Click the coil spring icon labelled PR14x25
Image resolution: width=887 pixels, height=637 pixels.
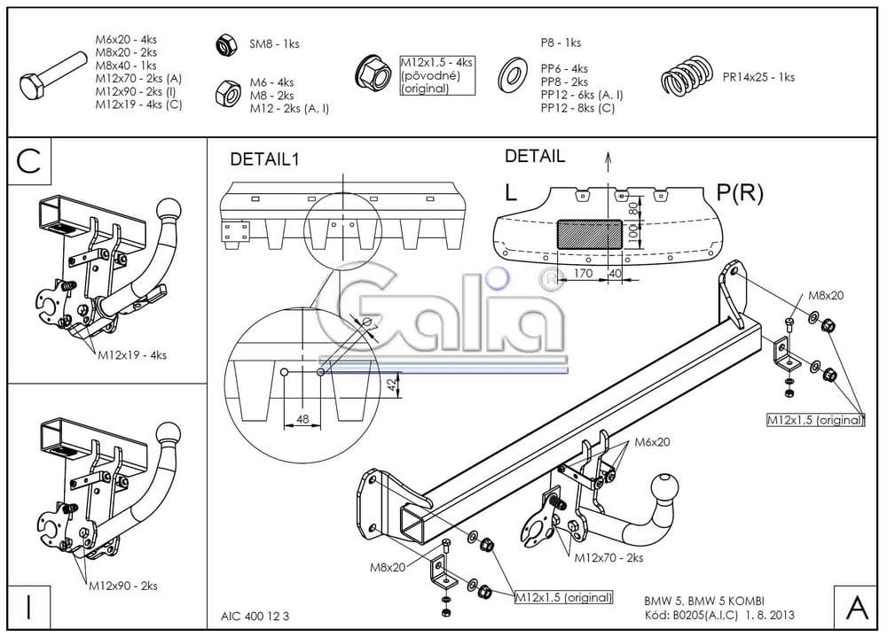pyautogui.click(x=687, y=77)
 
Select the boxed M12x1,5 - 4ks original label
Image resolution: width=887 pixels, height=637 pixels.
pyautogui.click(x=437, y=75)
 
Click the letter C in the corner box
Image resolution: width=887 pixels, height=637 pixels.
pyautogui.click(x=29, y=161)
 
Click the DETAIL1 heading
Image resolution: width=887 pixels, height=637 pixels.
pyautogui.click(x=265, y=159)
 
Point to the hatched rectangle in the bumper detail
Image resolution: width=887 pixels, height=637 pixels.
pyautogui.click(x=589, y=236)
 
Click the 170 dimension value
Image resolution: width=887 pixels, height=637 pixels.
pyautogui.click(x=582, y=275)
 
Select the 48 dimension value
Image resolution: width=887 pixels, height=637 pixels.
pyautogui.click(x=302, y=419)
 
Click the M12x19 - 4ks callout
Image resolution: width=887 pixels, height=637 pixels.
pyautogui.click(x=133, y=355)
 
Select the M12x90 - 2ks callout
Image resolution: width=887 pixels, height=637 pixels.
pyautogui.click(x=123, y=586)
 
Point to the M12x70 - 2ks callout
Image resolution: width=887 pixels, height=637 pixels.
pyautogui.click(x=608, y=558)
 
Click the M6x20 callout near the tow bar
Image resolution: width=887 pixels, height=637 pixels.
pyautogui.click(x=652, y=442)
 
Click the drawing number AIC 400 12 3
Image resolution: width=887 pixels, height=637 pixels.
pyautogui.click(x=255, y=614)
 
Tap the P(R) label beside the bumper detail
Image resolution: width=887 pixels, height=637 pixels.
pyautogui.click(x=738, y=193)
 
